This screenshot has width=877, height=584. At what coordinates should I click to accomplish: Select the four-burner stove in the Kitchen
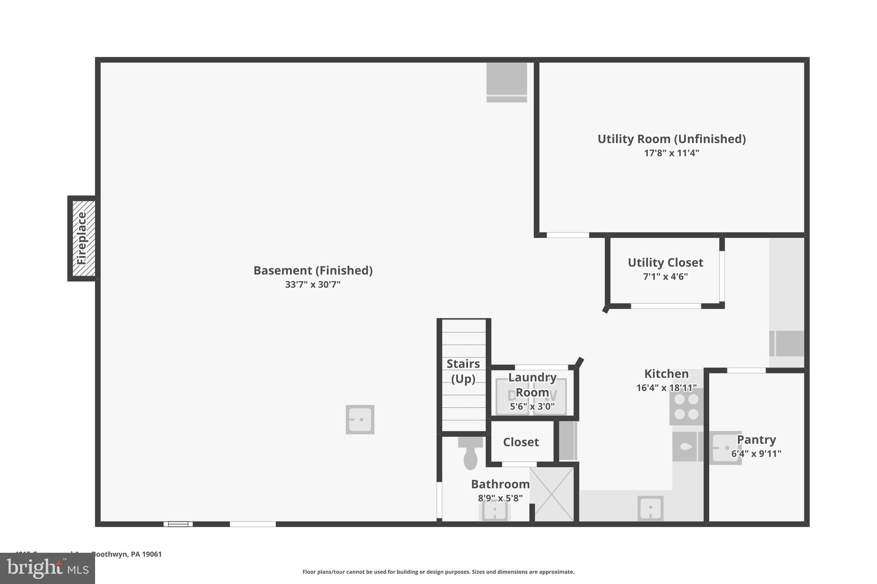pyautogui.click(x=686, y=406)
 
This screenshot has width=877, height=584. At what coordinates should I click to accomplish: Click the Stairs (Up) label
pyautogui.click(x=463, y=371)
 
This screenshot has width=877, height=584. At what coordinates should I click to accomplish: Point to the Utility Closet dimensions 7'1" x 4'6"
pyautogui.click(x=665, y=277)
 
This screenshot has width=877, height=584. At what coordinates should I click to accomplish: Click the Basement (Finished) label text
pyautogui.click(x=313, y=270)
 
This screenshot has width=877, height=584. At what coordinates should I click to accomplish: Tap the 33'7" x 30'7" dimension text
pyautogui.click(x=313, y=285)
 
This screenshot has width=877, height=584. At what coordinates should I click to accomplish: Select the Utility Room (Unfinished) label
pyautogui.click(x=671, y=139)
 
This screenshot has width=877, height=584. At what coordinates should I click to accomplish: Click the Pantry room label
pyautogui.click(x=756, y=440)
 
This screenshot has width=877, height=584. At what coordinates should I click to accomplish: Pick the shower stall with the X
pyautogui.click(x=554, y=494)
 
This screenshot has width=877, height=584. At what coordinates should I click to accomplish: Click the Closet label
pyautogui.click(x=521, y=442)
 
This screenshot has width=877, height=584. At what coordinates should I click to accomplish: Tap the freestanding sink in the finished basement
pyautogui.click(x=360, y=420)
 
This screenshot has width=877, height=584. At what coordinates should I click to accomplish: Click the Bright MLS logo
pyautogui.click(x=48, y=568)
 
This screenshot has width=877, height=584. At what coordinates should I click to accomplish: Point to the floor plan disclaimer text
pyautogui.click(x=438, y=572)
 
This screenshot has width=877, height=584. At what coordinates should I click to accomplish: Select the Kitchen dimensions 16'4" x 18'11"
pyautogui.click(x=666, y=388)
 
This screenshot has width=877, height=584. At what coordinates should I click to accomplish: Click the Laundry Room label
pyautogui.click(x=532, y=385)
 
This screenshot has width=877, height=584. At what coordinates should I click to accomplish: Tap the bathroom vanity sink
pyautogui.click(x=495, y=510)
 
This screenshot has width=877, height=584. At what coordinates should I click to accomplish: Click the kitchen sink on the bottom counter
pyautogui.click(x=650, y=509)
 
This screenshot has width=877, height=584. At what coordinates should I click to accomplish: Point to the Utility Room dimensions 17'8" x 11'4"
pyautogui.click(x=671, y=153)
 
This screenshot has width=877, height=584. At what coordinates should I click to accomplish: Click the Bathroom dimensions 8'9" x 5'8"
pyautogui.click(x=500, y=498)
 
